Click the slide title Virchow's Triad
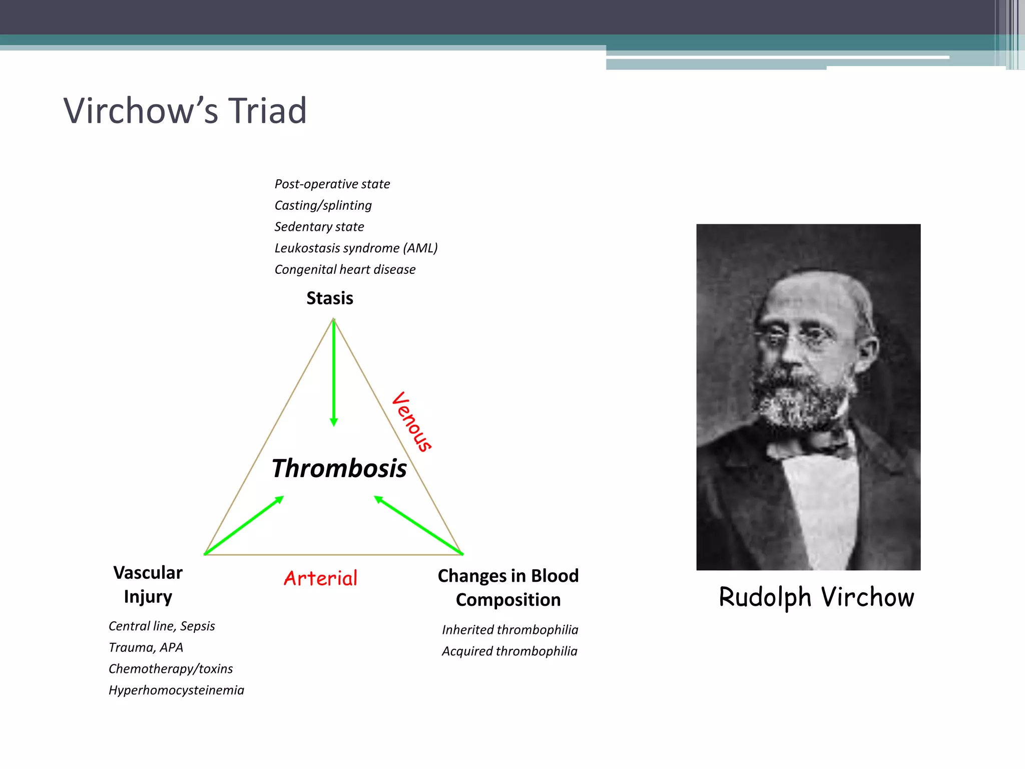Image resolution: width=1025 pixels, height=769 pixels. [185, 111]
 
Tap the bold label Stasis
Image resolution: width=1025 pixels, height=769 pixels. [329, 298]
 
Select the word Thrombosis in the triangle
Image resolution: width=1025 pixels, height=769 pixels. [339, 469]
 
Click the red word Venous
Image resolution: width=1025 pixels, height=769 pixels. [412, 422]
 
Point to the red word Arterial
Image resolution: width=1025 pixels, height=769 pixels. [320, 578]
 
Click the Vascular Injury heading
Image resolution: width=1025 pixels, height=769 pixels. [148, 585]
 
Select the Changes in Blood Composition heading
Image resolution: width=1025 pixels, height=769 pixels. [508, 588]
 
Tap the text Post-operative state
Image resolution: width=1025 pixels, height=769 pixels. [332, 184]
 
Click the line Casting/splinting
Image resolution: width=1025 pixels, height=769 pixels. [323, 206]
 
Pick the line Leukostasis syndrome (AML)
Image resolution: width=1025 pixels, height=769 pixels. [356, 248]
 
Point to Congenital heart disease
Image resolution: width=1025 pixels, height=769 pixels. [345, 270]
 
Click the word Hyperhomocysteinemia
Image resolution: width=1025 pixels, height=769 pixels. [176, 690]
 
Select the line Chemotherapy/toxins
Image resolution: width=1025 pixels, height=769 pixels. [171, 669]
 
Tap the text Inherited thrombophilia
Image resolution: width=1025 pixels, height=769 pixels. [509, 630]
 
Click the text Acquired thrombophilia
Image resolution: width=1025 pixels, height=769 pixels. [509, 651]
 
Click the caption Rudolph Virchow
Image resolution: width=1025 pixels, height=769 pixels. [816, 597]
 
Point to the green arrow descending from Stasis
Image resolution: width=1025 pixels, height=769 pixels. [334, 373]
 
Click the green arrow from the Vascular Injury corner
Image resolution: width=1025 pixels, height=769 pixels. [244, 525]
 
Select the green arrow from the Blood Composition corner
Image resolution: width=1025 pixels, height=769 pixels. [418, 525]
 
